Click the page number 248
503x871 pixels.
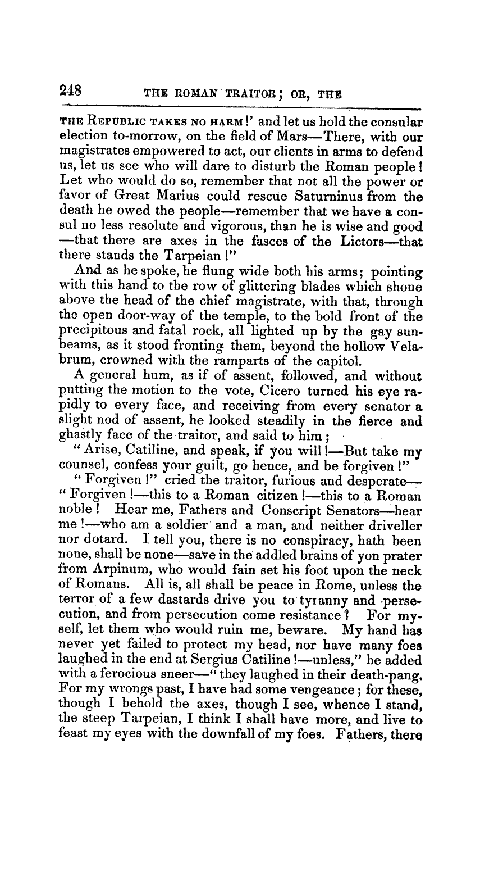(x=70, y=90)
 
